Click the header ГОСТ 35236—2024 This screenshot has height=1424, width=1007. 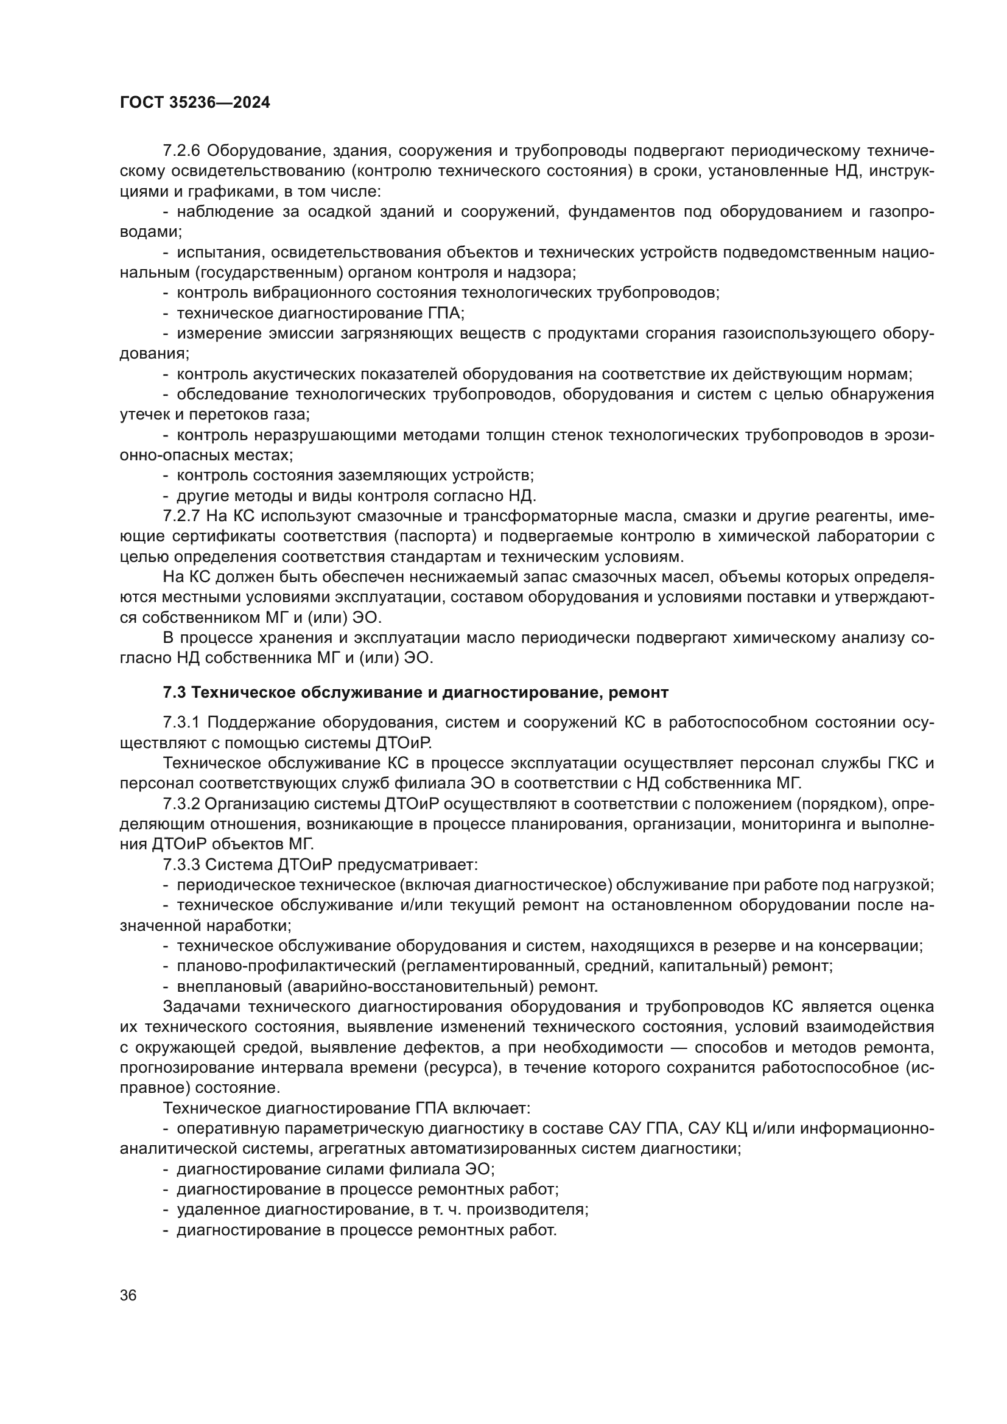tap(195, 103)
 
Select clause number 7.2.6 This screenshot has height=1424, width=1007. tap(181, 151)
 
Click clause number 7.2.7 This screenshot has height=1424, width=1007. tap(181, 516)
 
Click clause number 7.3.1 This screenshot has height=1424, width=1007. tap(181, 723)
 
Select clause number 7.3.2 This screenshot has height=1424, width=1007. tap(181, 804)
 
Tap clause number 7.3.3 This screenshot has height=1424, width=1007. tap(181, 865)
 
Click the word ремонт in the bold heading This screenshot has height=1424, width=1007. tap(640, 693)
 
